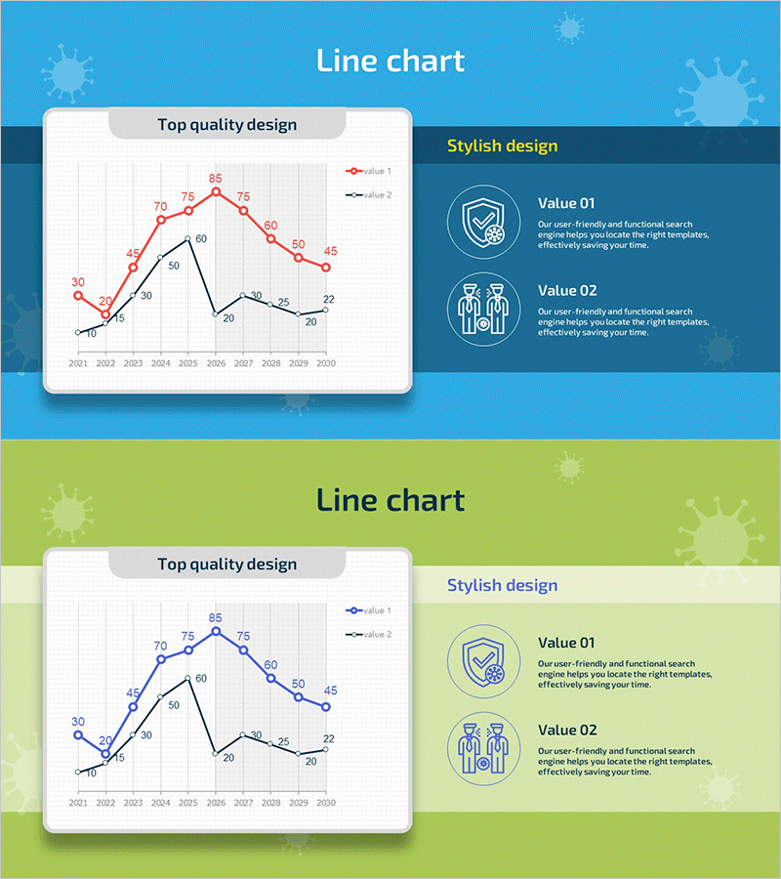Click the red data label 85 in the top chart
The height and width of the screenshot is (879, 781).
pyautogui.click(x=216, y=179)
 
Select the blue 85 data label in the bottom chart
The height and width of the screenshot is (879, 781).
pyautogui.click(x=216, y=618)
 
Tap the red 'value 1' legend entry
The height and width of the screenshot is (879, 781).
pyautogui.click(x=369, y=171)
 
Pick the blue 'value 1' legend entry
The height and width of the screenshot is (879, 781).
pyautogui.click(x=369, y=610)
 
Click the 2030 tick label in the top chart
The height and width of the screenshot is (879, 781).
pyautogui.click(x=325, y=363)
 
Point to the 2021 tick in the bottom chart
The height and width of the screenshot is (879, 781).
pyautogui.click(x=78, y=803)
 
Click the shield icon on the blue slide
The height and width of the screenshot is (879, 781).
pyautogui.click(x=484, y=223)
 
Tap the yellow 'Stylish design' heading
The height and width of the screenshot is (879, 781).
pyautogui.click(x=503, y=146)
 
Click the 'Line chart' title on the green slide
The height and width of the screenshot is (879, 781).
pyautogui.click(x=390, y=501)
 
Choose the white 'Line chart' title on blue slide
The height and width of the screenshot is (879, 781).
pyautogui.click(x=390, y=62)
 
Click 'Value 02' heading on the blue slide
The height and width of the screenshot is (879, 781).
pyautogui.click(x=567, y=290)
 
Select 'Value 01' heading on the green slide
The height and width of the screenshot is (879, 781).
pyautogui.click(x=567, y=643)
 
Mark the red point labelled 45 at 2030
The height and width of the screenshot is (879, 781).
pyautogui.click(x=326, y=268)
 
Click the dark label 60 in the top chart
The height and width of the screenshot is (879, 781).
pyautogui.click(x=201, y=239)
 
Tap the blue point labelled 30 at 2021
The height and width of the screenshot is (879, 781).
pyautogui.click(x=78, y=734)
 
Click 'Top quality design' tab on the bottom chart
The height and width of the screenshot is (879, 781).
pyautogui.click(x=227, y=565)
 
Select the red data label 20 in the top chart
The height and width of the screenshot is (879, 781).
pyautogui.click(x=105, y=301)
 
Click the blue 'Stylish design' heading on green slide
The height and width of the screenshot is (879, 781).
pyautogui.click(x=503, y=586)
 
